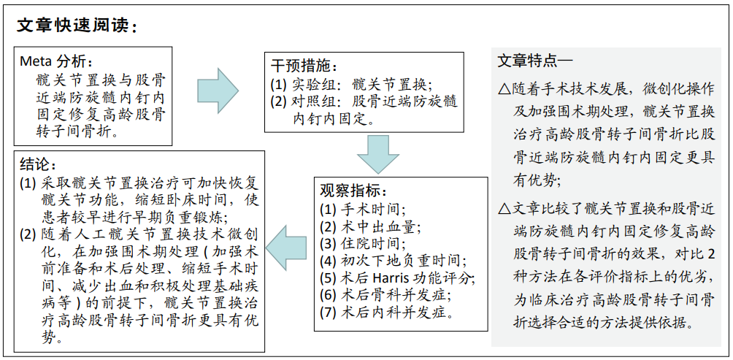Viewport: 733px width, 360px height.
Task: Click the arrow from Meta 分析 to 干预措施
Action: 218,91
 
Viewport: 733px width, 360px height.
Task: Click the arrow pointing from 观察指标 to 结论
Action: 286,248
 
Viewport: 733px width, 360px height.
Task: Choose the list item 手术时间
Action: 363,209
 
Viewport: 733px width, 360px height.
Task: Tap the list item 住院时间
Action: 363,243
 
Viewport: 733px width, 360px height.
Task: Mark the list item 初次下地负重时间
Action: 393,261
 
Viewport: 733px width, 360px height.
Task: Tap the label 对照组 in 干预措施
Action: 310,102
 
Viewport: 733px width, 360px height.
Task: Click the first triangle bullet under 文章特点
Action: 504,88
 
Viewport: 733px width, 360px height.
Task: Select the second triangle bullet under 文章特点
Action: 504,209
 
